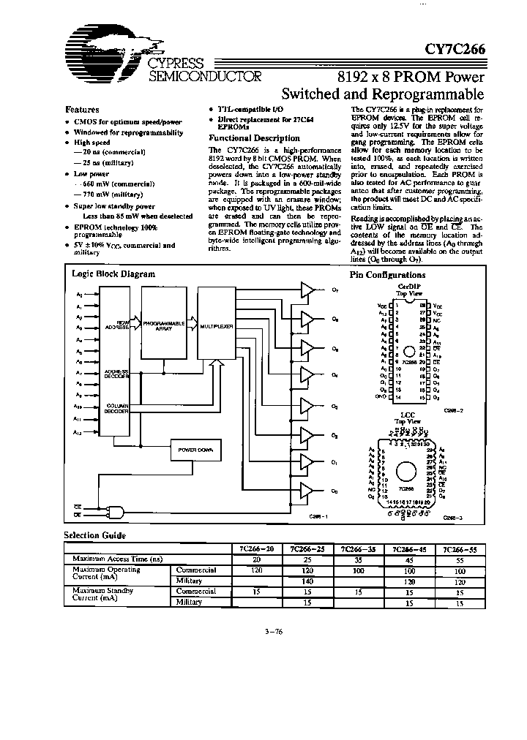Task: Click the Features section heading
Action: click(83, 107)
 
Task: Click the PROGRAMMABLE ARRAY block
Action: click(162, 325)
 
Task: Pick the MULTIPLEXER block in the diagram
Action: click(216, 325)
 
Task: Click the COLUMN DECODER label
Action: click(118, 408)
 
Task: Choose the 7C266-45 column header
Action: click(405, 548)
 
